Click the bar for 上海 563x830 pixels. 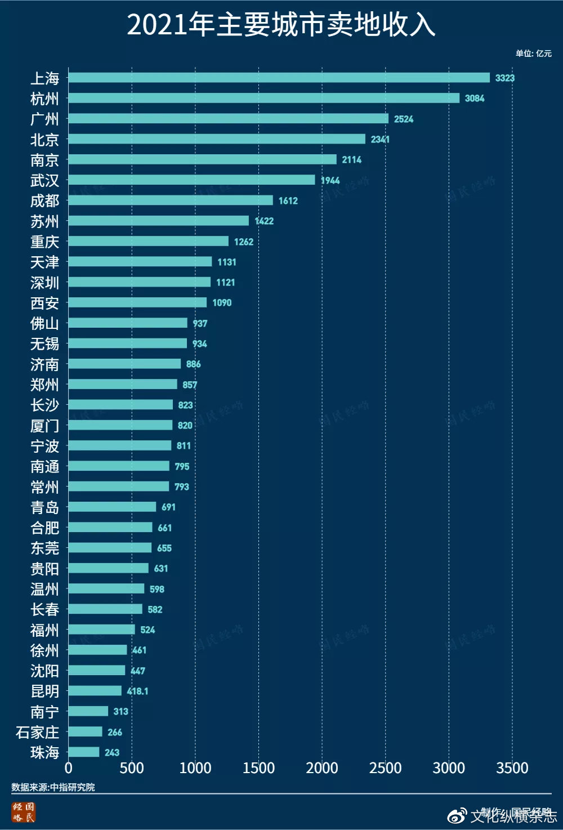(x=279, y=78)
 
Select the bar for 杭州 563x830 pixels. (x=263, y=98)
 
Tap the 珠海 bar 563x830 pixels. (x=84, y=752)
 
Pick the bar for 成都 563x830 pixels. (x=170, y=200)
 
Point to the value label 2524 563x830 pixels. (x=404, y=119)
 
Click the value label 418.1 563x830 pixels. (x=137, y=691)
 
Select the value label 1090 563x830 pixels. (x=222, y=303)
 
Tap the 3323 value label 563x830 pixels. (x=504, y=78)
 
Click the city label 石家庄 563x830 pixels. (x=37, y=732)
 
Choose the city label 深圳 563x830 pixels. (x=44, y=282)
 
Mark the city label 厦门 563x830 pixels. (x=44, y=426)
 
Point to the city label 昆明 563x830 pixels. (x=44, y=691)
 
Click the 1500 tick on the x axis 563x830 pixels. (x=259, y=768)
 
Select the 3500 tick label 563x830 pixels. (x=512, y=768)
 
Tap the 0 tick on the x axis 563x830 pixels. (x=69, y=768)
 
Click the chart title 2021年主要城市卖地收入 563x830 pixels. (x=281, y=25)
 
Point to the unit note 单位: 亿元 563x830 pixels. (x=533, y=53)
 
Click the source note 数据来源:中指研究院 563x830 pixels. (x=53, y=787)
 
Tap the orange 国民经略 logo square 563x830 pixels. (x=24, y=813)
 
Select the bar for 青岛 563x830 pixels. (x=112, y=507)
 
